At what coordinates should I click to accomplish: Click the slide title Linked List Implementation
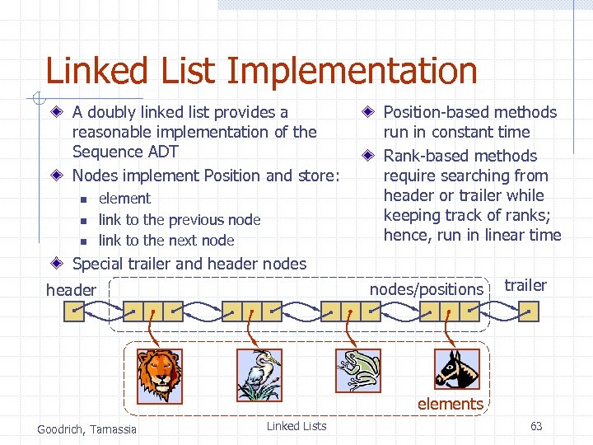pyautogui.click(x=261, y=71)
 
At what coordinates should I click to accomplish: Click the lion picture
pyautogui.click(x=159, y=371)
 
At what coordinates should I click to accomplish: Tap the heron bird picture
pyautogui.click(x=259, y=373)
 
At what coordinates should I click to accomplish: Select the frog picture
pyautogui.click(x=358, y=370)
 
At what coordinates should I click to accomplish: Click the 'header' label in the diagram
pyautogui.click(x=71, y=290)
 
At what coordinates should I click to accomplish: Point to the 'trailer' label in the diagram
pyautogui.click(x=525, y=285)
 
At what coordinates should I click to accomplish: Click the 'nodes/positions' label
pyautogui.click(x=426, y=289)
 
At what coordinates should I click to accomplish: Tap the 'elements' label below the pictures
pyautogui.click(x=450, y=404)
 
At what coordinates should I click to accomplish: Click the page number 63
pyautogui.click(x=536, y=426)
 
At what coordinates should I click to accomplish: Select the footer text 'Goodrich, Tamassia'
pyautogui.click(x=87, y=429)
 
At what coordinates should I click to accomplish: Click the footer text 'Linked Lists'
pyautogui.click(x=296, y=426)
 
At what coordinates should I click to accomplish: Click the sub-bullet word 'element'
pyautogui.click(x=124, y=199)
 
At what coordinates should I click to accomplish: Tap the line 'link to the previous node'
pyautogui.click(x=179, y=220)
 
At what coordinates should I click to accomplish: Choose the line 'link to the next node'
pyautogui.click(x=166, y=241)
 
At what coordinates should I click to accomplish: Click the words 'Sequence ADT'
pyautogui.click(x=125, y=152)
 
